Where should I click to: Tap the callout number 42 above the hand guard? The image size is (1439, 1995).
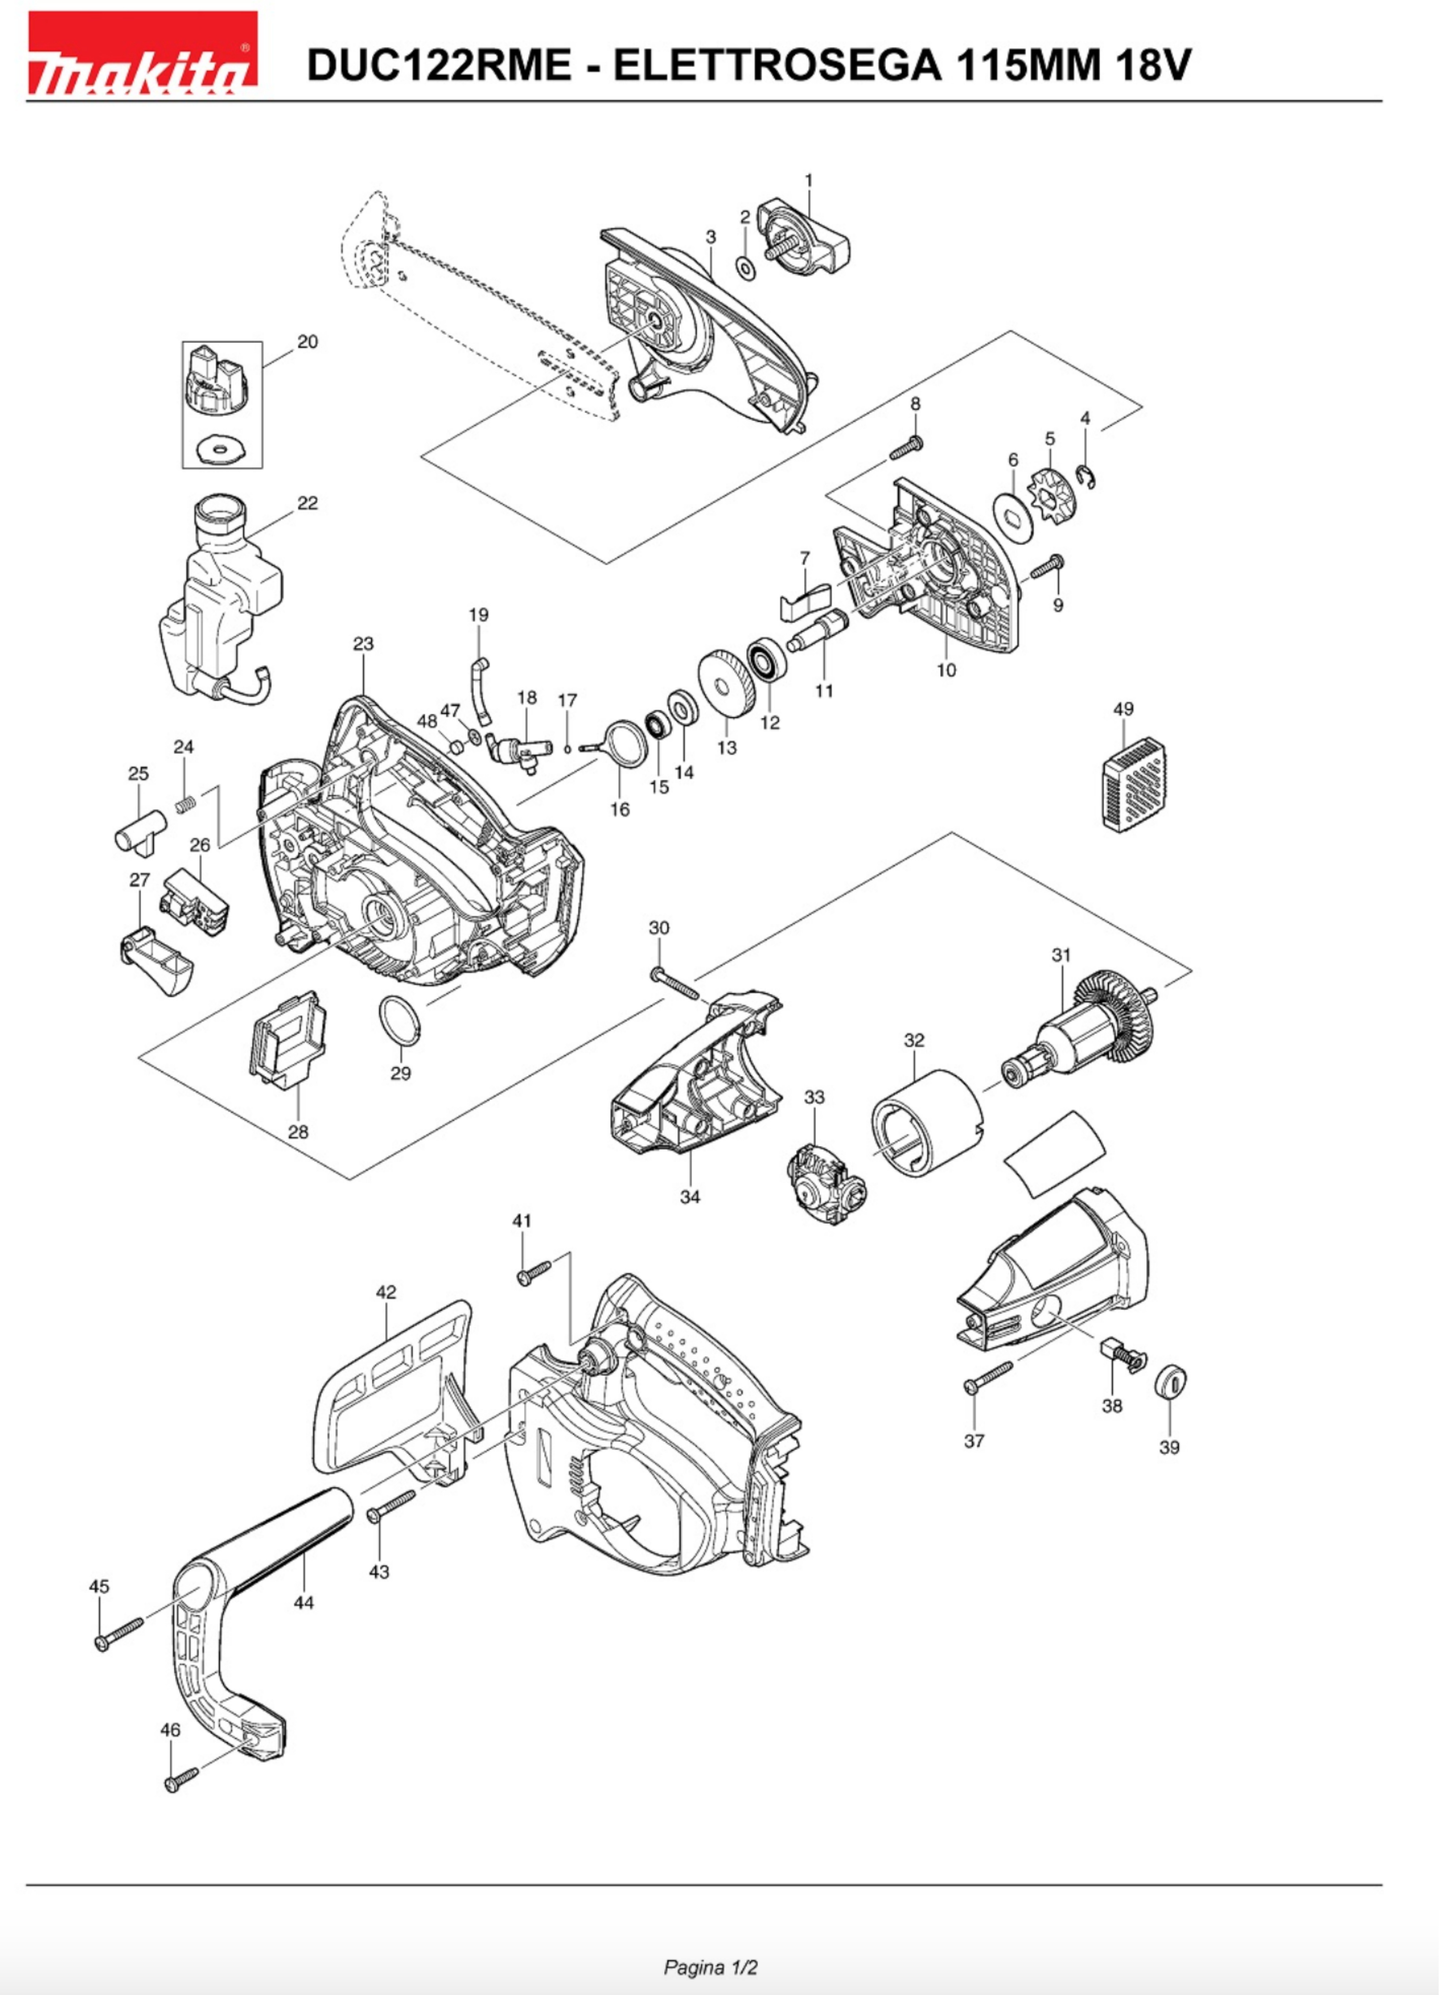(386, 1292)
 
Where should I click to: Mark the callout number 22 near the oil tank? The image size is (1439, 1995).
(307, 503)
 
